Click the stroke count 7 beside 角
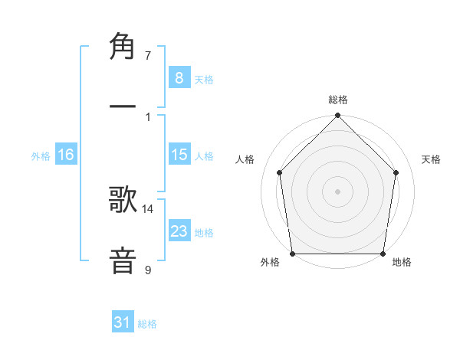[148, 56]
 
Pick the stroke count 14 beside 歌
[148, 208]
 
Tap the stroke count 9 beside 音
[148, 270]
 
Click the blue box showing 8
[179, 78]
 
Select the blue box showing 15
[179, 155]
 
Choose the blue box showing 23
[179, 231]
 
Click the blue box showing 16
[65, 155]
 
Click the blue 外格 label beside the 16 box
[41, 156]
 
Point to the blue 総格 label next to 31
[147, 324]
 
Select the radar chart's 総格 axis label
[338, 100]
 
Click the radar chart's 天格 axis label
[432, 159]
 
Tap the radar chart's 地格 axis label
[402, 263]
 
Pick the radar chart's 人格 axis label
[245, 159]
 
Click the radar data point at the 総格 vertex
[338, 116]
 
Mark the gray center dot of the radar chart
[338, 191]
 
